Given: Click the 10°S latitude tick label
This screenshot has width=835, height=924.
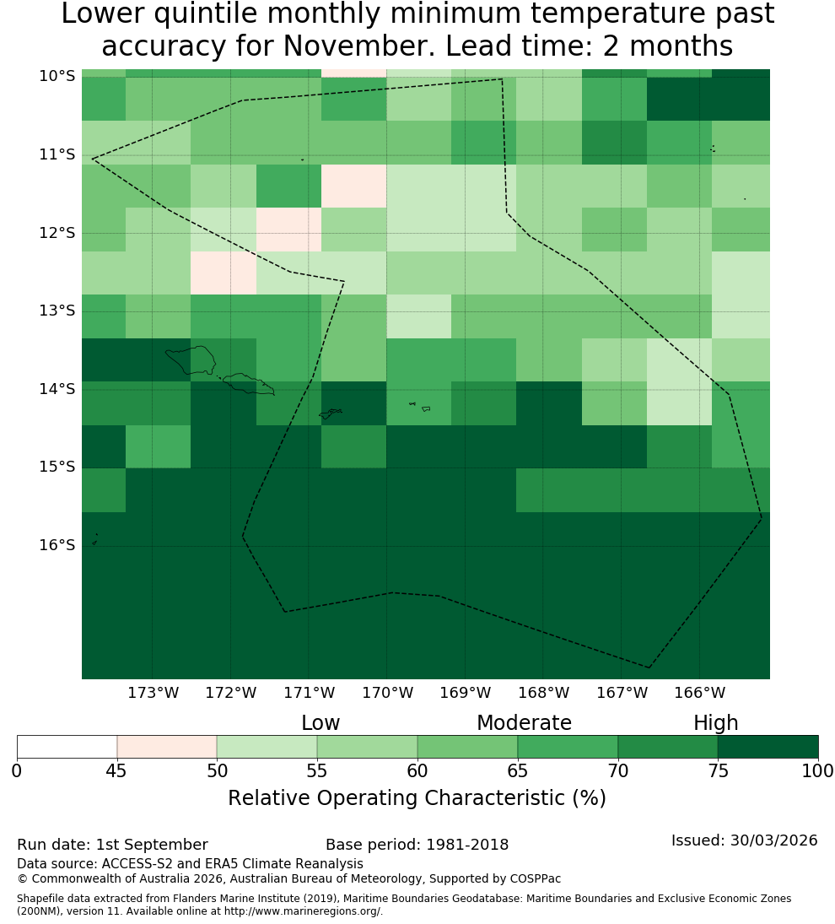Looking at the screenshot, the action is point(57,76).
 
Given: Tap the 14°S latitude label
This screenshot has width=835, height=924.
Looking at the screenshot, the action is point(57,389).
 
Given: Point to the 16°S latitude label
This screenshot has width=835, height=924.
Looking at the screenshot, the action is point(57,545).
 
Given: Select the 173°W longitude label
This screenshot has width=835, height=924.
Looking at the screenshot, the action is point(154,693).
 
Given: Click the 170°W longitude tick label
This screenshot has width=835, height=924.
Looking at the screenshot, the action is point(387,693).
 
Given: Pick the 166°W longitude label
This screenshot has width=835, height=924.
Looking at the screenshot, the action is point(699,693).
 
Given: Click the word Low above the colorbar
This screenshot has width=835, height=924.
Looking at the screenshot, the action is point(321,722).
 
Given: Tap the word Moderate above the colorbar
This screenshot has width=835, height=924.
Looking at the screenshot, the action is point(524,722).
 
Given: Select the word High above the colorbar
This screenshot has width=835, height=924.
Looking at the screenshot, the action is point(715,723).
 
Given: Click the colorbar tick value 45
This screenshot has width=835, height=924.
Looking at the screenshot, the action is point(116,770).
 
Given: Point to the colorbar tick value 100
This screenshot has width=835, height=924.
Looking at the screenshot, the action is point(818,770).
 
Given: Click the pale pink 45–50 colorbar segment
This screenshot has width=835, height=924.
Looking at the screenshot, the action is point(167,747).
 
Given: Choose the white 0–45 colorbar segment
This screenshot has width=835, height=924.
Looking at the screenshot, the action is point(67,747).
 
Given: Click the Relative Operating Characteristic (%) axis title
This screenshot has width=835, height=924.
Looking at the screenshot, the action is point(417,798).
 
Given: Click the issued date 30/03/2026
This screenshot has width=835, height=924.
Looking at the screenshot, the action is point(773,840).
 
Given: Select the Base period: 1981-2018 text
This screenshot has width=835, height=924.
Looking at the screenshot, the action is point(417,845).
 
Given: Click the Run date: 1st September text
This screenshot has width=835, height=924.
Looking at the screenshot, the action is point(112,845).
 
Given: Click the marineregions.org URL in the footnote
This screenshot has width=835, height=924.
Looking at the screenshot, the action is point(303,911).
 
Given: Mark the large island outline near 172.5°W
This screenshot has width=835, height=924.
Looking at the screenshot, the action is point(191,360).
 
